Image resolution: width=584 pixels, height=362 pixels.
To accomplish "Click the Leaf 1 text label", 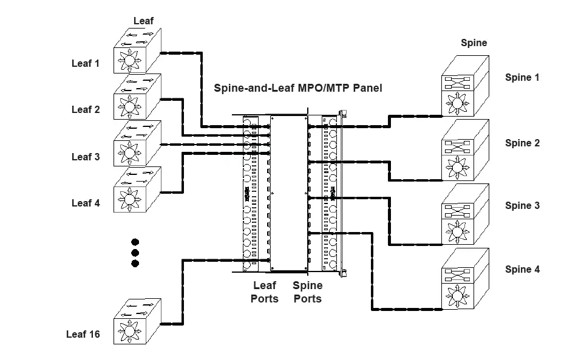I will pyautogui.click(x=86, y=63).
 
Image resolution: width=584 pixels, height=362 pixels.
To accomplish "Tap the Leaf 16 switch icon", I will pyautogui.click(x=137, y=321).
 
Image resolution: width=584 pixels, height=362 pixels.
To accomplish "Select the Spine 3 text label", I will pyautogui.click(x=522, y=205).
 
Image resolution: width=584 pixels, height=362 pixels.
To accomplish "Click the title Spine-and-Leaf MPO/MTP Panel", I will pyautogui.click(x=297, y=88).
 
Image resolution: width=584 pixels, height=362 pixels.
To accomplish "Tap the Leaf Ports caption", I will pyautogui.click(x=264, y=292).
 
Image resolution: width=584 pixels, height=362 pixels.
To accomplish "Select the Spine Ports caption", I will pyautogui.click(x=307, y=292).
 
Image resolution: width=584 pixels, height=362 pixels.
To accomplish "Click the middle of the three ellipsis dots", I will pyautogui.click(x=135, y=252).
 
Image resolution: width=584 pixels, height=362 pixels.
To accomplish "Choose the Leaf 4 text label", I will pyautogui.click(x=86, y=203).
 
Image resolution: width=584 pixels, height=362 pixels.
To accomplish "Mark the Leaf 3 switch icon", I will pyautogui.click(x=137, y=143).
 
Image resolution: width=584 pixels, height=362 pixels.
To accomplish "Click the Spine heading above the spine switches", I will pyautogui.click(x=474, y=43).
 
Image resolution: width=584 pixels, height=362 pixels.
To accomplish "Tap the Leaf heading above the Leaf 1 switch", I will pyautogui.click(x=144, y=21).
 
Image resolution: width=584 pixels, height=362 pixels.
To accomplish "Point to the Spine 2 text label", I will pyautogui.click(x=522, y=143).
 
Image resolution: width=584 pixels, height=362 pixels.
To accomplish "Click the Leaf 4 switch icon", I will pyautogui.click(x=137, y=190).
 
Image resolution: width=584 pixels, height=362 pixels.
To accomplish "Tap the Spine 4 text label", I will pyautogui.click(x=522, y=269).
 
